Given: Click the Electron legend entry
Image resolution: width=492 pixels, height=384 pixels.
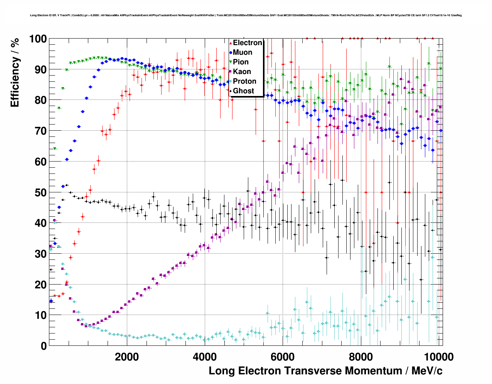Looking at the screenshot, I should pyautogui.click(x=247, y=43).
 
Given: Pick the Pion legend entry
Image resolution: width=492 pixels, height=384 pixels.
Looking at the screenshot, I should pyautogui.click(x=241, y=62).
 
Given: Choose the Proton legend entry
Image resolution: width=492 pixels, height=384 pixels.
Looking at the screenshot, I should pyautogui.click(x=244, y=81).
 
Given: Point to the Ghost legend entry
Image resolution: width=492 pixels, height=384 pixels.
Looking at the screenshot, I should pyautogui.click(x=243, y=91).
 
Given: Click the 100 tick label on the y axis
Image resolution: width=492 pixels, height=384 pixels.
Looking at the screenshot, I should pyautogui.click(x=37, y=39).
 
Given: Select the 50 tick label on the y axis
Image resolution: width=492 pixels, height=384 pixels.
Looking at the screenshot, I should pyautogui.click(x=40, y=192).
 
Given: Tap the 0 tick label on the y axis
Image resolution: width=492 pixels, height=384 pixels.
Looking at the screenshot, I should pyautogui.click(x=44, y=346).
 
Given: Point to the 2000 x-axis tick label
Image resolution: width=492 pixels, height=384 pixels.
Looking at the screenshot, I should pyautogui.click(x=127, y=357).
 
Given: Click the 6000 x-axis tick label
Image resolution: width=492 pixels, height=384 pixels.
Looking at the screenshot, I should pyautogui.click(x=283, y=357).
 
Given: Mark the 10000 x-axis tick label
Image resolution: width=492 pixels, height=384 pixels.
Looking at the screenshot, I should pyautogui.click(x=438, y=357).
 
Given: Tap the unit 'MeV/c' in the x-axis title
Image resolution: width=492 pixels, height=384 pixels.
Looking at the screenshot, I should pyautogui.click(x=427, y=371).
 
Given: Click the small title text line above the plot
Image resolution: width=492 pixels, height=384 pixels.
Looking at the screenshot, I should pyautogui.click(x=246, y=15).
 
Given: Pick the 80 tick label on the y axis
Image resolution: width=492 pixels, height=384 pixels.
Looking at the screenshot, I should pyautogui.click(x=40, y=100).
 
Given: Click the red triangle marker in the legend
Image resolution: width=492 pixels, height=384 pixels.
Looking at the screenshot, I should pyautogui.click(x=231, y=43).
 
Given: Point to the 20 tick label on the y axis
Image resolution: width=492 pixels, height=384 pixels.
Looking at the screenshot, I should pyautogui.click(x=40, y=285).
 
